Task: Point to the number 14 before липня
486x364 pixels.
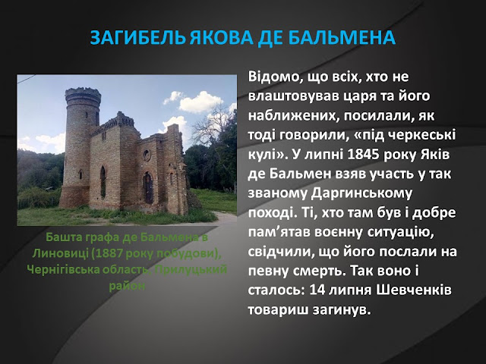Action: (x=316, y=290)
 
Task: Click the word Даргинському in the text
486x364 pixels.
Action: (x=361, y=194)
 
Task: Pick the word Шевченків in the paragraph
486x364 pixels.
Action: (x=414, y=290)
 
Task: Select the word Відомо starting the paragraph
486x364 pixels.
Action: (x=271, y=77)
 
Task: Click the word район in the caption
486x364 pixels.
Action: (x=127, y=286)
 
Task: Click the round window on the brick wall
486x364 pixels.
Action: (x=147, y=155)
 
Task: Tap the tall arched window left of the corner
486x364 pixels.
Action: (x=103, y=182)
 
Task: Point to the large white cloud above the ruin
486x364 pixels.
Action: (x=200, y=101)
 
